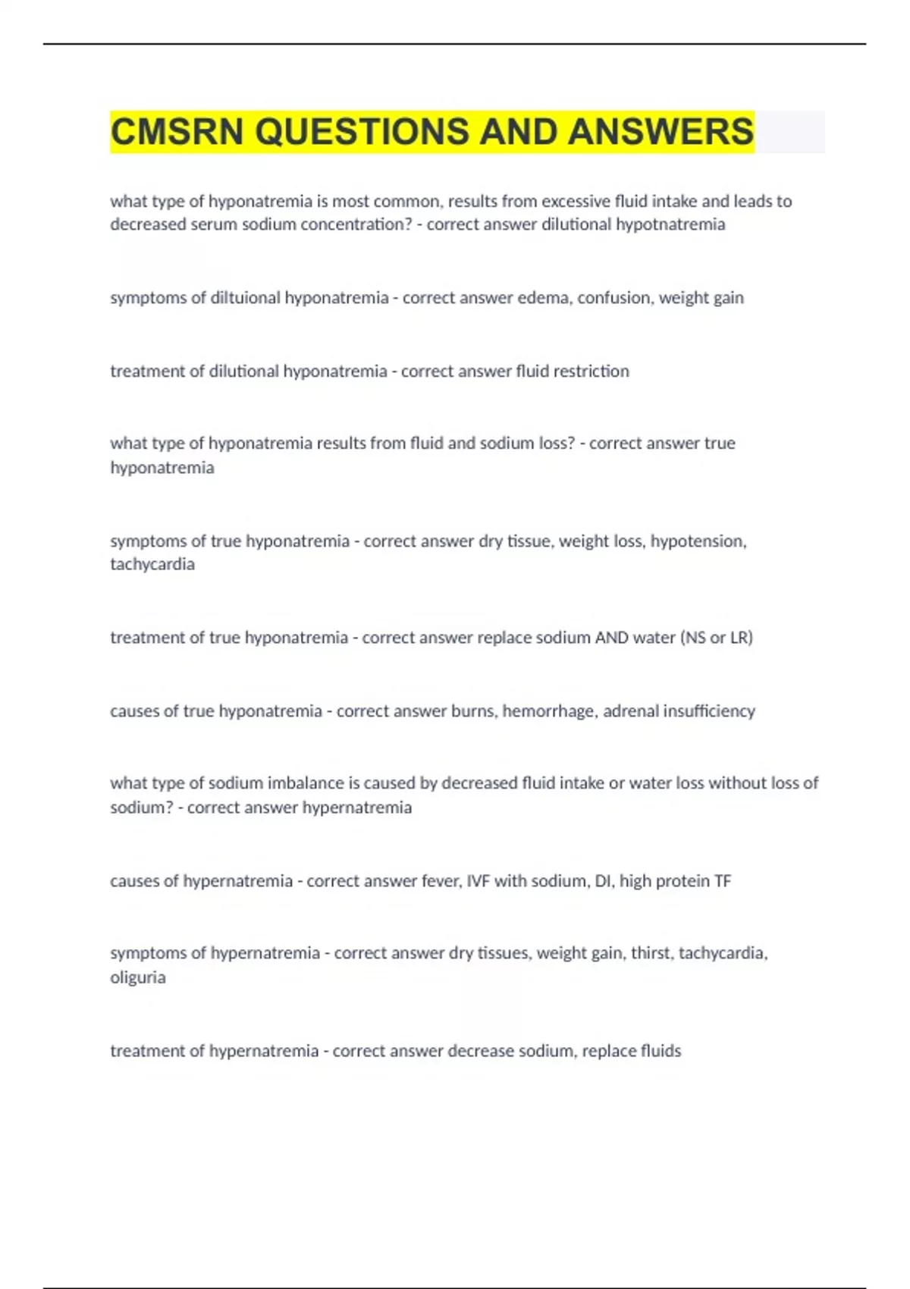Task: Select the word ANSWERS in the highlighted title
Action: click(661, 132)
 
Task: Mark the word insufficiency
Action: click(709, 711)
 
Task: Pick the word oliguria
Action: click(138, 977)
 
